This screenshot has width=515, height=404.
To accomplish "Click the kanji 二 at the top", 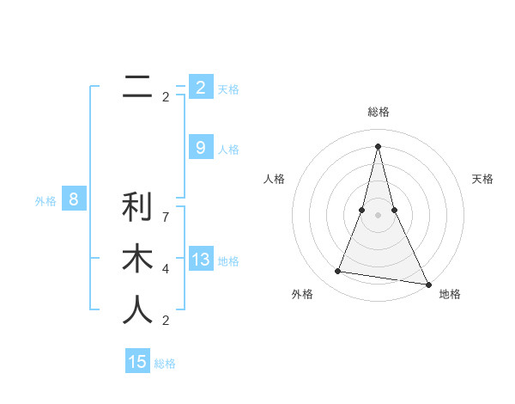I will pos(137,86).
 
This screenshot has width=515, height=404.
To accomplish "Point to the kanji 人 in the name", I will pos(137,310).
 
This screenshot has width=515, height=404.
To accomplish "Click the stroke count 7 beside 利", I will pos(166,217).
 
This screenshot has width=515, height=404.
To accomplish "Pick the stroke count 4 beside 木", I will pos(166,269).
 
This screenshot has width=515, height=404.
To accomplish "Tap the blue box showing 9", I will pos(201,148).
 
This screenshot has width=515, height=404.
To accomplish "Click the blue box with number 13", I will pos(201,260).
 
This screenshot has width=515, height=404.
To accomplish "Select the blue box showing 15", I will pos(137,362).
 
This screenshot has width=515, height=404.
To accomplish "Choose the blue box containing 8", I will pos(74,200).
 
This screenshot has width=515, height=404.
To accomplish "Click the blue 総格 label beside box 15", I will pos(165,364).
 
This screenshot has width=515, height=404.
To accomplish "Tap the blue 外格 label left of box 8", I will pos(45,202).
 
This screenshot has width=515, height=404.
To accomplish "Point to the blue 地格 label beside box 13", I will pos(228,261).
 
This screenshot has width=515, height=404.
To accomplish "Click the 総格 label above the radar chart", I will pos(378,112).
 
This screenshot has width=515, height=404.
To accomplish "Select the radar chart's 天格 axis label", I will pos(482,179).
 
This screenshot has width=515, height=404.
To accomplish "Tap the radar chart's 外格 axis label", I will pos(302,294).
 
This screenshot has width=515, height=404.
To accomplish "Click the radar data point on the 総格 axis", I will pos(378,145).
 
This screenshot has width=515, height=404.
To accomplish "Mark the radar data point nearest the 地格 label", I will pos(427,284).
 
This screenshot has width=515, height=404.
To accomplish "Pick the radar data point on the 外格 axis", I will pos(338,272).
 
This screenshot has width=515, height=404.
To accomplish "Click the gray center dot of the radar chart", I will pos(378,215).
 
